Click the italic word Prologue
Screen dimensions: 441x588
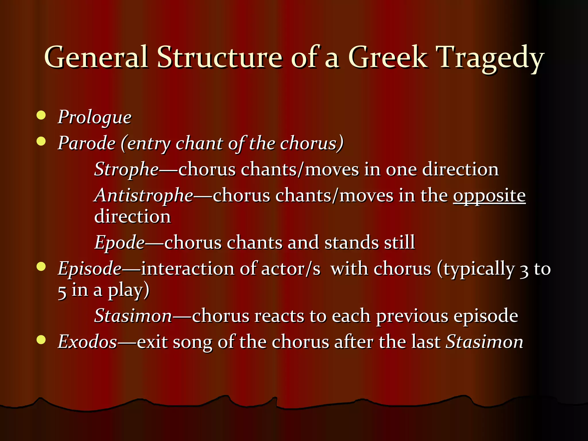[95, 117]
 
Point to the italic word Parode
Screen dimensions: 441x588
[87, 143]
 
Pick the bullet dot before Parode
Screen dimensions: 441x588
[41, 141]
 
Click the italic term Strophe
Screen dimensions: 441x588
[126, 169]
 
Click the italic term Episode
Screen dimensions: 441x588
[90, 269]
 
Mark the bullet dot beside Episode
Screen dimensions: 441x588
[41, 267]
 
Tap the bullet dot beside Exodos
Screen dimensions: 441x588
[41, 340]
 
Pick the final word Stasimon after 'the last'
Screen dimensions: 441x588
[484, 342]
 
